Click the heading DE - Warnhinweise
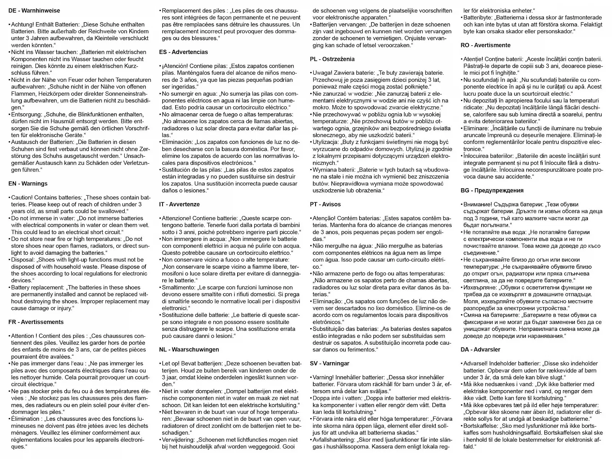[x=34, y=11]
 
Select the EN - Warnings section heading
[x=28, y=184]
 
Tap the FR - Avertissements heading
[x=36, y=322]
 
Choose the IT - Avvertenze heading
[x=179, y=204]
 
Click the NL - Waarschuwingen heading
[x=189, y=350]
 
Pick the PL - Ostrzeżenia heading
[x=332, y=59]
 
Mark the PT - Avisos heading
[x=325, y=204]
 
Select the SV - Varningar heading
[x=329, y=363]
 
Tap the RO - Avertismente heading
[x=485, y=45]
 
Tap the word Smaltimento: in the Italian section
[x=179, y=287]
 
